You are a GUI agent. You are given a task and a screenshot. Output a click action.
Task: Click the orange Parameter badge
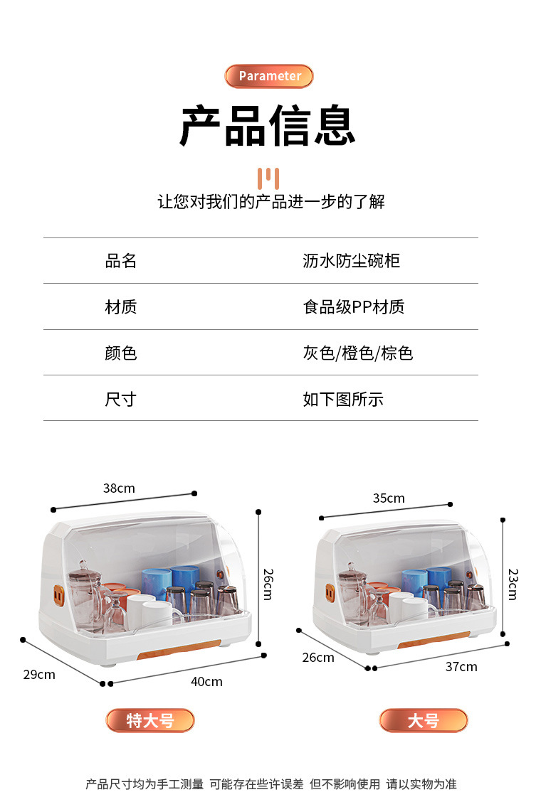269,76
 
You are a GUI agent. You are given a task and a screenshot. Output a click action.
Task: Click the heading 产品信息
268,127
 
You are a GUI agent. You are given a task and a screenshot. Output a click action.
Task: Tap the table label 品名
121,261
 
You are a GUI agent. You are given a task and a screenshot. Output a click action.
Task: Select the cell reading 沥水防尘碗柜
351,261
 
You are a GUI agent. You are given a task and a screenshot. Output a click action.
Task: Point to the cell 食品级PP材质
353,307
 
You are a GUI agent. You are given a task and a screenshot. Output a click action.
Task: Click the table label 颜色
121,353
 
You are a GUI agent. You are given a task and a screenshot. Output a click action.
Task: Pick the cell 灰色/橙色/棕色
357,353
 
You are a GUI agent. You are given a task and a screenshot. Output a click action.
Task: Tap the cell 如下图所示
342,400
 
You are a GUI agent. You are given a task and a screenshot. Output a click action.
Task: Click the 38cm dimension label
119,488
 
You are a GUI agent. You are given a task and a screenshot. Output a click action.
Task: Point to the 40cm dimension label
206,682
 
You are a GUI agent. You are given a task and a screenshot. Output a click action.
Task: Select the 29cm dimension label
39,674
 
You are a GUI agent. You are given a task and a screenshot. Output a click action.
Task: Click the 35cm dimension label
389,498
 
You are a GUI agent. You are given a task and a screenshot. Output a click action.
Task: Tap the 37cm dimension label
461,667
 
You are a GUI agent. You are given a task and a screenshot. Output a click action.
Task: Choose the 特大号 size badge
150,720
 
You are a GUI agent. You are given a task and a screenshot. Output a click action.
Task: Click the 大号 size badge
424,720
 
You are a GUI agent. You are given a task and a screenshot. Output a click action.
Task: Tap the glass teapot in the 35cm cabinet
352,590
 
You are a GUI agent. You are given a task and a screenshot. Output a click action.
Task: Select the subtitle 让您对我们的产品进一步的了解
271,202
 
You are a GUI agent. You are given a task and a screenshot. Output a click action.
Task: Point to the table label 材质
121,307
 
